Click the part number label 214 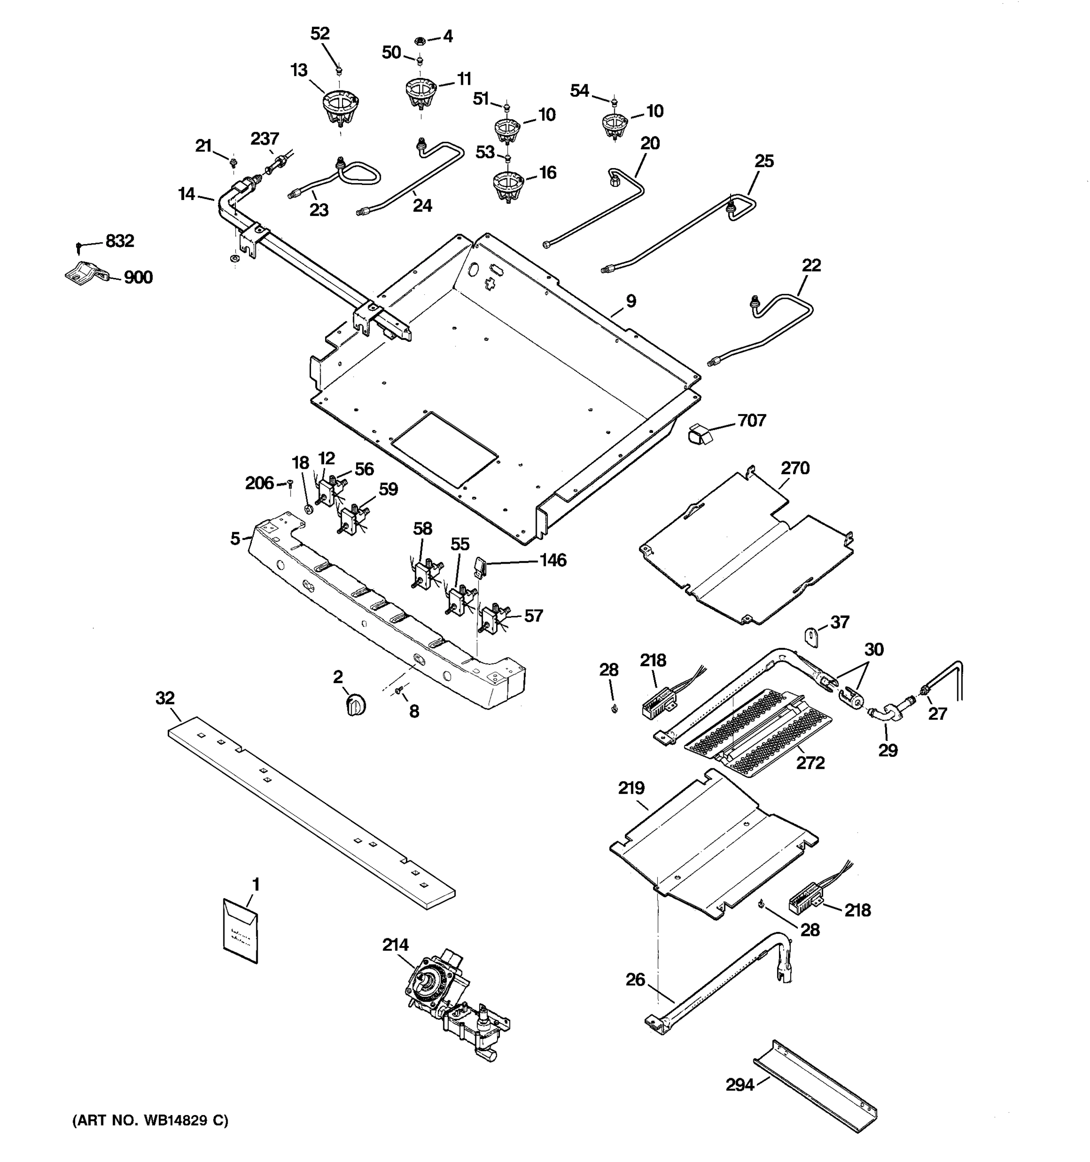click(x=395, y=944)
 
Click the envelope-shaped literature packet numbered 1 click(x=240, y=931)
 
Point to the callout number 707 click(x=751, y=420)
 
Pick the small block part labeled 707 click(x=699, y=434)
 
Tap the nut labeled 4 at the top click(x=419, y=41)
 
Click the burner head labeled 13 click(x=341, y=107)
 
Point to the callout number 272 click(x=810, y=762)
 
